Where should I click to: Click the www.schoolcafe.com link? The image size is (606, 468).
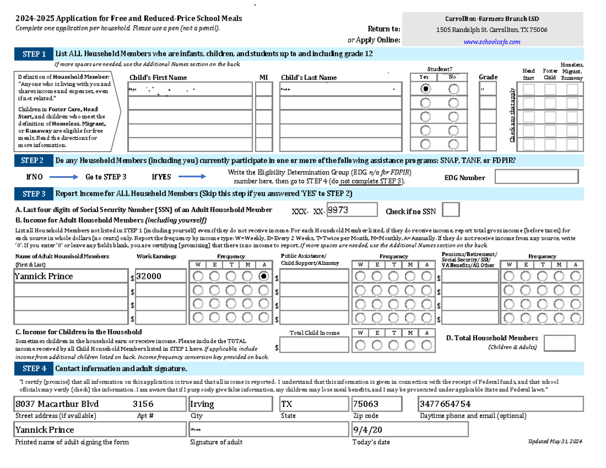pyautogui.click(x=492, y=42)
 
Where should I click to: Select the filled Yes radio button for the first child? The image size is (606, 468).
pyautogui.click(x=427, y=89)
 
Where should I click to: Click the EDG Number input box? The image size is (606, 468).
pyautogui.click(x=536, y=177)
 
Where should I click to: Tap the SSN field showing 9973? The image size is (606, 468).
pyautogui.click(x=351, y=209)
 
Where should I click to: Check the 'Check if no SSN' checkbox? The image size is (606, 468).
pyautogui.click(x=450, y=210)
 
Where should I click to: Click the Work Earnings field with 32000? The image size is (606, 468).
pyautogui.click(x=160, y=276)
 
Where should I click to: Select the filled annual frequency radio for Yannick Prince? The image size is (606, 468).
pyautogui.click(x=263, y=276)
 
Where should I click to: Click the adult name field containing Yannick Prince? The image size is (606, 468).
pyautogui.click(x=71, y=276)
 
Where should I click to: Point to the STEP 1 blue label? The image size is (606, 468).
pyautogui.click(x=34, y=54)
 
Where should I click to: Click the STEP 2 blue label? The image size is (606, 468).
pyautogui.click(x=33, y=161)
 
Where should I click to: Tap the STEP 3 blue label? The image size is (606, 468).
pyautogui.click(x=34, y=193)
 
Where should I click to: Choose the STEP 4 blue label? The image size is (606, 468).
pyautogui.click(x=34, y=368)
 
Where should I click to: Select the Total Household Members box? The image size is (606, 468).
pyautogui.click(x=560, y=343)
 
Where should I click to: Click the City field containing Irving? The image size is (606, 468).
pyautogui.click(x=231, y=404)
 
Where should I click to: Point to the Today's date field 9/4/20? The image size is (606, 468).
pyautogui.click(x=410, y=430)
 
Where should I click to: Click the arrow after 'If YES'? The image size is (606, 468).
pyautogui.click(x=192, y=177)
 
